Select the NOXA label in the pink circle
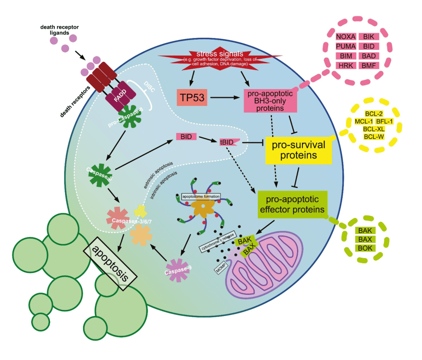click(346, 37)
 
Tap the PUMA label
click(346, 46)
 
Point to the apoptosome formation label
click(201, 197)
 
